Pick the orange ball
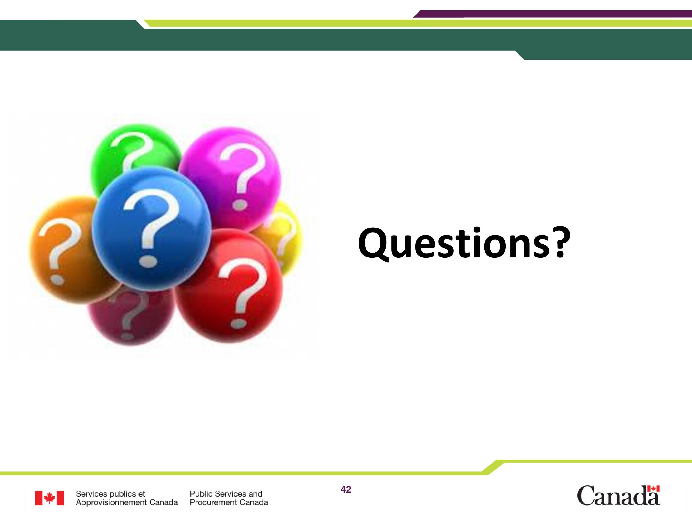pyautogui.click(x=63, y=250)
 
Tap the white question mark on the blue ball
pyautogui.click(x=152, y=228)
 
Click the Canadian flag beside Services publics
pyautogui.click(x=49, y=498)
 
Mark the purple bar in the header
pyautogui.click(x=552, y=14)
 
